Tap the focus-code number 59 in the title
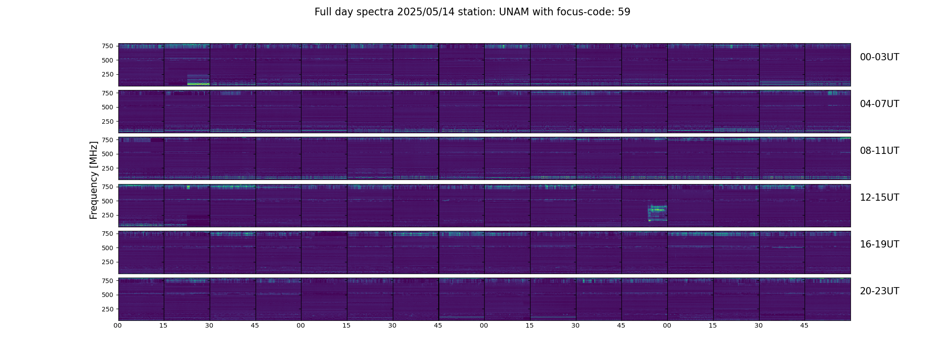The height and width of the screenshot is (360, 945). [x=624, y=12]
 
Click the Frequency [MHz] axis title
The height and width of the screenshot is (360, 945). [x=94, y=180]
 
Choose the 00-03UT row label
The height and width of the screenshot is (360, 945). [x=879, y=57]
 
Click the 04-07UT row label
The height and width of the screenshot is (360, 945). [x=879, y=104]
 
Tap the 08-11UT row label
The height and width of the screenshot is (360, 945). [x=879, y=151]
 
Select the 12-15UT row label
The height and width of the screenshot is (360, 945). [x=879, y=198]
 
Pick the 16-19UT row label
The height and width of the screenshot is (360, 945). [x=879, y=244]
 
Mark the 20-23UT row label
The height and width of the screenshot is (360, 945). [x=879, y=291]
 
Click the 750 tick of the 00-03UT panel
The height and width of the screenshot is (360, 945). [x=107, y=46]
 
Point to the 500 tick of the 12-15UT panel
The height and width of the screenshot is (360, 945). [x=107, y=201]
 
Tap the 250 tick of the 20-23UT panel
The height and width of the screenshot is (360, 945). [x=107, y=309]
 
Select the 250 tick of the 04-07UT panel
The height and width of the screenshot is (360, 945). [x=107, y=121]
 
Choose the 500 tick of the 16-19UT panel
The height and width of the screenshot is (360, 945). [x=107, y=248]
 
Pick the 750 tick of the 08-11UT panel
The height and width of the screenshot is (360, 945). [x=107, y=140]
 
